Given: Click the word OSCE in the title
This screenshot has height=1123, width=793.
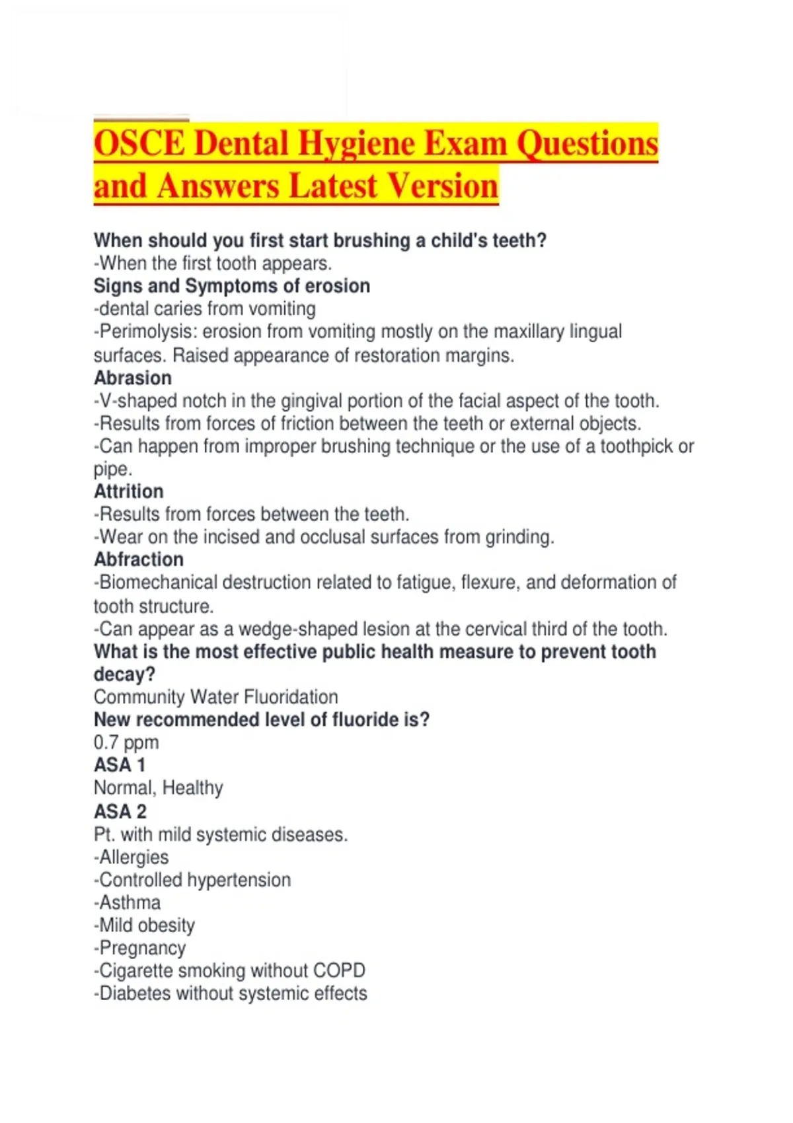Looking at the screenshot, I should tap(139, 143).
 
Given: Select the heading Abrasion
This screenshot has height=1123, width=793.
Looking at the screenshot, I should tap(133, 378).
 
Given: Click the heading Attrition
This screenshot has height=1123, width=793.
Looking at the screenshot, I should tap(129, 491).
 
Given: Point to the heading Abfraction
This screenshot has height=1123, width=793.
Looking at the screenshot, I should tap(139, 560).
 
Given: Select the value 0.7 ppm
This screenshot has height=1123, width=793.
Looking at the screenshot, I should tap(126, 743).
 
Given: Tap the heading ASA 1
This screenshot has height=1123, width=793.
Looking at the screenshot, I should tap(120, 765).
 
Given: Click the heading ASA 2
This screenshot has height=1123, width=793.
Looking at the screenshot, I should tap(120, 811).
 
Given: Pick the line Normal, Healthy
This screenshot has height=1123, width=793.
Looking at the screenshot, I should tap(159, 788).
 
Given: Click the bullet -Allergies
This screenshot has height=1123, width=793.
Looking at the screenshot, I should tap(132, 857).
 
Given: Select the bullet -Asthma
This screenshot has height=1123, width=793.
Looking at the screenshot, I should tap(128, 902).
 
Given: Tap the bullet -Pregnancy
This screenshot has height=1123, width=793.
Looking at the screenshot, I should tap(140, 948).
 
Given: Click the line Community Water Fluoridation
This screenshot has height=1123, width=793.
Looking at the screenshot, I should tap(216, 697).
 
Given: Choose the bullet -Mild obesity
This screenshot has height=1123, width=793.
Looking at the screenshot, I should tap(145, 925).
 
